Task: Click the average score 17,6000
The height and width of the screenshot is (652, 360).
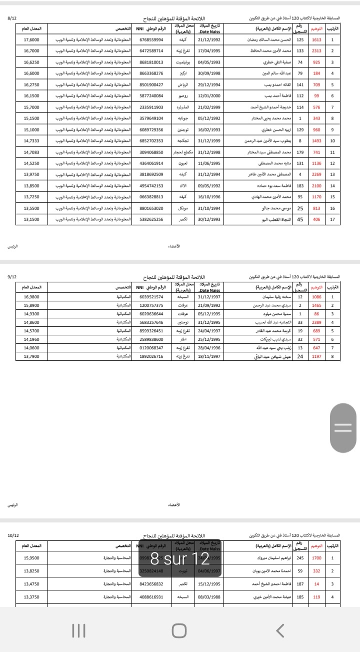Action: [31, 40]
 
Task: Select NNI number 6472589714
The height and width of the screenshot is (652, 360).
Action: [151, 51]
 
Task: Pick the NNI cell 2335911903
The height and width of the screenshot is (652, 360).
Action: [151, 107]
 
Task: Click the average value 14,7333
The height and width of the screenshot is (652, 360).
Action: [31, 141]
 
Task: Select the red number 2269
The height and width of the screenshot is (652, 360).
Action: [316, 174]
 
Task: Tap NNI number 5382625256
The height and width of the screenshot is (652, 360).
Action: [151, 219]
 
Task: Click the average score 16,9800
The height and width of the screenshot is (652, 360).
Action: [31, 297]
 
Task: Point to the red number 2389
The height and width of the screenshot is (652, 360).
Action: [316, 322]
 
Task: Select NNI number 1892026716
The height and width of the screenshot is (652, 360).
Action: [151, 356]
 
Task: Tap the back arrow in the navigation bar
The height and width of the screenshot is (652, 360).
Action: [281, 630]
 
